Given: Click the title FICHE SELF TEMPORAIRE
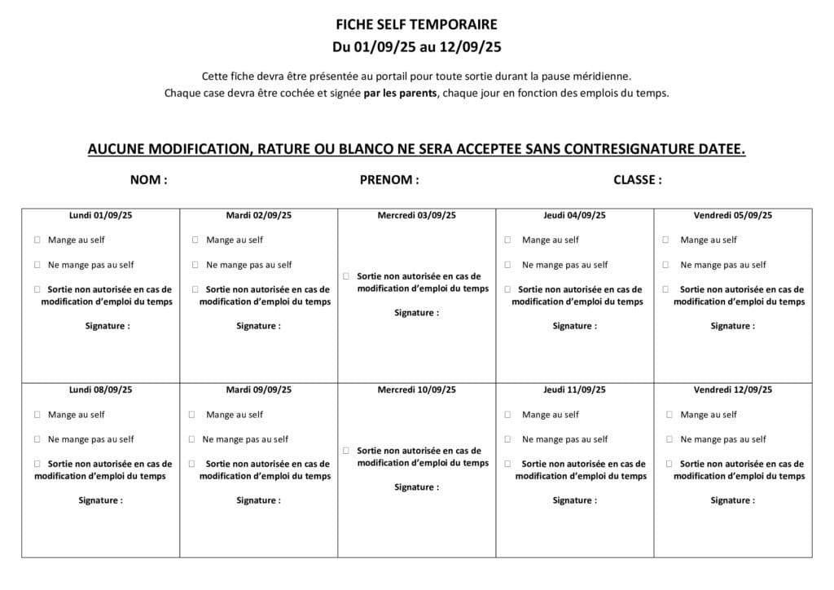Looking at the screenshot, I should pos(416,25).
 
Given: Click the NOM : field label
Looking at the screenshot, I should pos(148,180).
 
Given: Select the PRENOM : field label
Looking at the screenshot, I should pos(389,180).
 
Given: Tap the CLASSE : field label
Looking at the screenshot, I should pos(637,180).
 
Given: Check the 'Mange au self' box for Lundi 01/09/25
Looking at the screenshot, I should pos(37,240).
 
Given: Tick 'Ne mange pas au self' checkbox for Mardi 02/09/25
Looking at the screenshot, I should pos(195,265).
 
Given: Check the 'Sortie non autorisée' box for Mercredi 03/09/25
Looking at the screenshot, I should pos(346,276).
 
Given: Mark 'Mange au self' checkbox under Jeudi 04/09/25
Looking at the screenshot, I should pos(507,240).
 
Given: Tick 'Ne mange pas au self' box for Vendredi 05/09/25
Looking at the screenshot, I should pos(666,265).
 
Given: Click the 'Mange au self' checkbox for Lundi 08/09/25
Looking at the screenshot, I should pos(37,415).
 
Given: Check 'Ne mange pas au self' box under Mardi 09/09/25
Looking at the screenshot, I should pos(192,439).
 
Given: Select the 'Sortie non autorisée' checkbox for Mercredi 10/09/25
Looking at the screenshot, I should pos(346,451).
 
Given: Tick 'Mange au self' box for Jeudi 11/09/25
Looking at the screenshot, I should pos(507,415).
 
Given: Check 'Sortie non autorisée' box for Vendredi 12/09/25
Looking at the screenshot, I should pos(669,464).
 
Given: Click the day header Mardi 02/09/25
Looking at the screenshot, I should pos(258,216).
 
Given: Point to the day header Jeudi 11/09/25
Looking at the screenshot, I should pos(574,390).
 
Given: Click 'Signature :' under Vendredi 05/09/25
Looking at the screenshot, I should pos(732,326).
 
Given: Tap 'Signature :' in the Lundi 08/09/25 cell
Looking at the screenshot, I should pos(100,500).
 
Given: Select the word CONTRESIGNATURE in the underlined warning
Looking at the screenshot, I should pos(622,150).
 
